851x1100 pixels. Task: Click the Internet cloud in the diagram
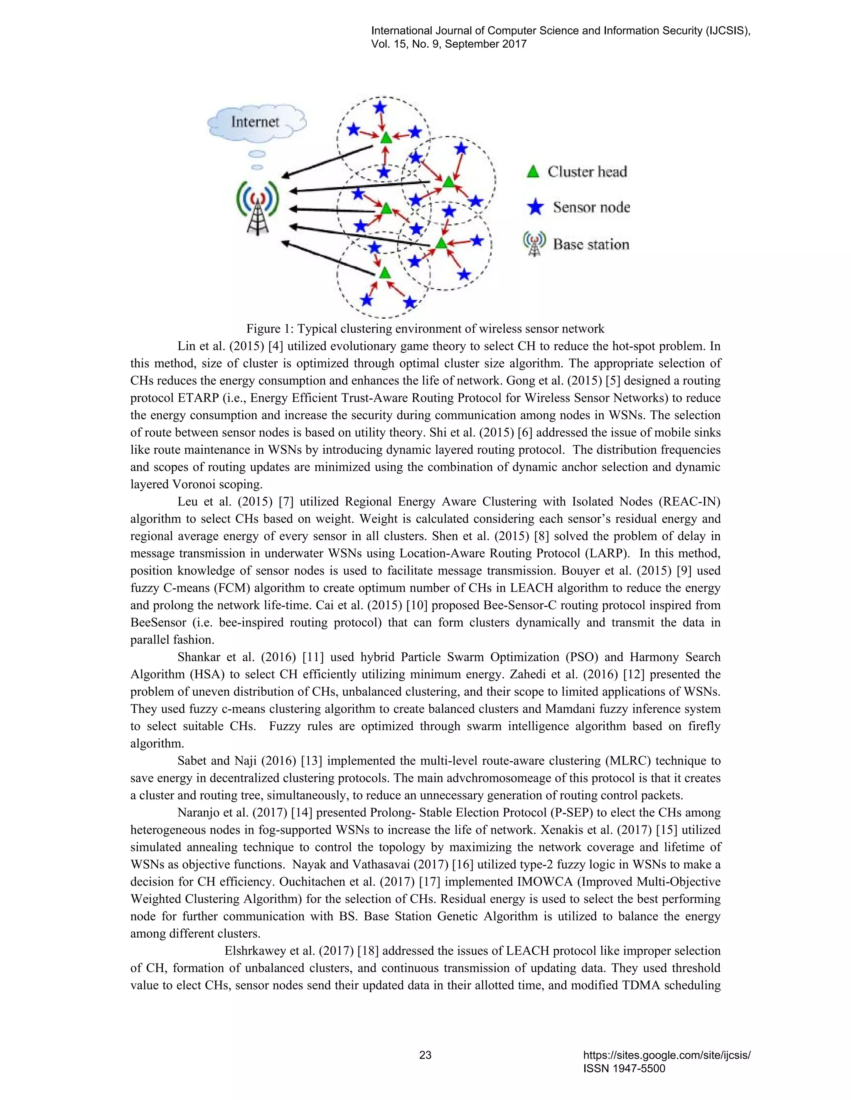(256, 122)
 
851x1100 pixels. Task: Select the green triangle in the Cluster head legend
(533, 172)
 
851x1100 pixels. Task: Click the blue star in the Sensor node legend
(535, 207)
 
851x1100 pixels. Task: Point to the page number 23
(425, 1055)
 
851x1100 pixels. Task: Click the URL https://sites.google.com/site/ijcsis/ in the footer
(667, 1055)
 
